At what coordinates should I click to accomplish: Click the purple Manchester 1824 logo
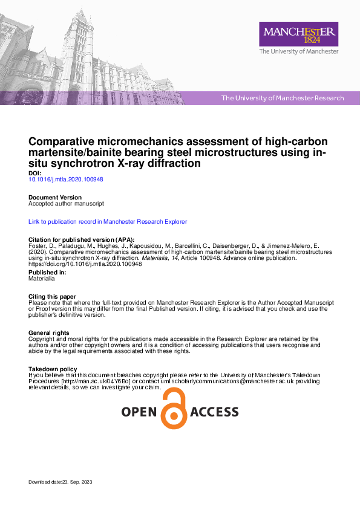298,34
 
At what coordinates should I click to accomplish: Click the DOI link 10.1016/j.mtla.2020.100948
66,180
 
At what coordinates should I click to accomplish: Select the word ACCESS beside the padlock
215,412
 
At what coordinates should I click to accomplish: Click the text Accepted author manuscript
67,204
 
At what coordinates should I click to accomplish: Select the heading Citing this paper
52,296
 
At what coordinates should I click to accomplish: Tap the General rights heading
49,333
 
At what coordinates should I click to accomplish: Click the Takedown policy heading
53,369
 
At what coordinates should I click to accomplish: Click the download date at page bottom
60,482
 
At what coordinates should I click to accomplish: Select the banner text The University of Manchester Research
283,98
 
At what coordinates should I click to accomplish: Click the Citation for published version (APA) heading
81,240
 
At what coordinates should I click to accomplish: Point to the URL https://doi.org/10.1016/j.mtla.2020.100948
85,264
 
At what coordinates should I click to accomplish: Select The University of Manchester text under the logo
298,52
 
